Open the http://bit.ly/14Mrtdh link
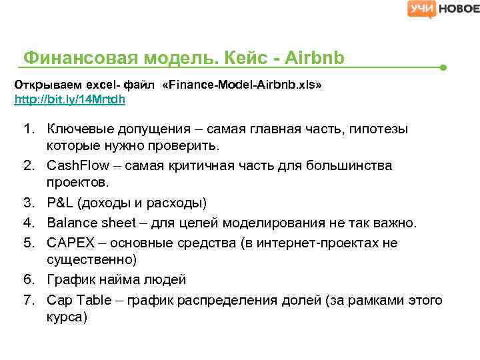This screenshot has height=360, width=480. pyautogui.click(x=70, y=100)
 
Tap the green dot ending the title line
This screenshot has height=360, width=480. pyautogui.click(x=443, y=68)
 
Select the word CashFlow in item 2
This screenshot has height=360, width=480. pyautogui.click(x=74, y=165)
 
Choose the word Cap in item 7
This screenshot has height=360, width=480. pyautogui.click(x=59, y=300)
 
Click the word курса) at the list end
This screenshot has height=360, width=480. pyautogui.click(x=67, y=317)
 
